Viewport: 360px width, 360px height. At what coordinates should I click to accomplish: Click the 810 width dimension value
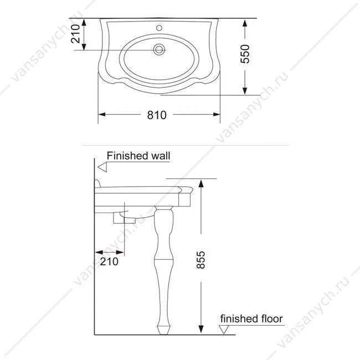[157, 115]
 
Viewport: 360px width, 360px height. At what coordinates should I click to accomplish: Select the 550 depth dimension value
[245, 54]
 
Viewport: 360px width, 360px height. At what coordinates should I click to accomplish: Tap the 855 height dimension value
[201, 260]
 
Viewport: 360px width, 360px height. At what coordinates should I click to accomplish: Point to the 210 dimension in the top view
[75, 34]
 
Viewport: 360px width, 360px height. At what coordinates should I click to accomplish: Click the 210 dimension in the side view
[109, 261]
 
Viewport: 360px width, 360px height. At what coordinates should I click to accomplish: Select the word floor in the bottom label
[271, 318]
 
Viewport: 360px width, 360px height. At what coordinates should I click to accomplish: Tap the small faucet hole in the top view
[159, 28]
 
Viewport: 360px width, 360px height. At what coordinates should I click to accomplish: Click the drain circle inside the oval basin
[159, 49]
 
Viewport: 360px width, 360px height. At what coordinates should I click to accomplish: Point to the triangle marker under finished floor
[224, 330]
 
